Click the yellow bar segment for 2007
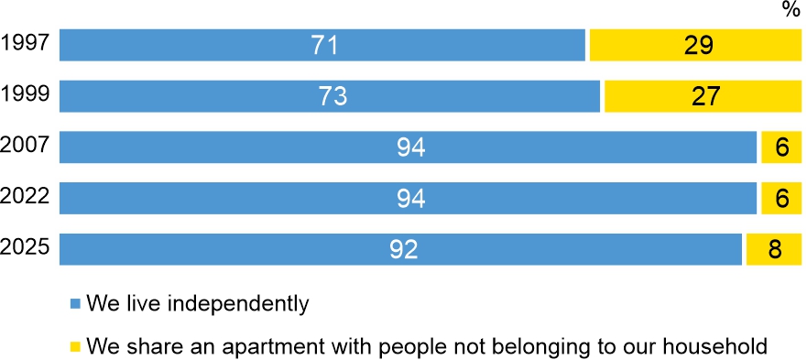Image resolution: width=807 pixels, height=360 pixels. point(781,147)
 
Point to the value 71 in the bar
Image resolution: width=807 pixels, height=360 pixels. point(322,45)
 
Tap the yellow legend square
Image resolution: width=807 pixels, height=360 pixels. point(76,346)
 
